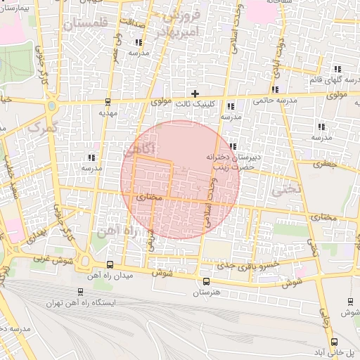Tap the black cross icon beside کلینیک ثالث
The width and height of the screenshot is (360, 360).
(x=195, y=94)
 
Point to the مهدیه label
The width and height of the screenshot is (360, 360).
(x=107, y=112)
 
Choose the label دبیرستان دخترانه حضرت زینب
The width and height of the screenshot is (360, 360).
(x=230, y=162)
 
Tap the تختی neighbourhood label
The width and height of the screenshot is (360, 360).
(x=287, y=188)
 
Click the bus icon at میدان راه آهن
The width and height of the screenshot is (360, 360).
(x=109, y=265)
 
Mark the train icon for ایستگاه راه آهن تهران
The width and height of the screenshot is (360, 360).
(x=79, y=291)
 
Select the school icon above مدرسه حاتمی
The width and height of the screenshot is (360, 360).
(x=274, y=89)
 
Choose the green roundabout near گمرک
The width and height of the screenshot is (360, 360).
(x=51, y=107)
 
